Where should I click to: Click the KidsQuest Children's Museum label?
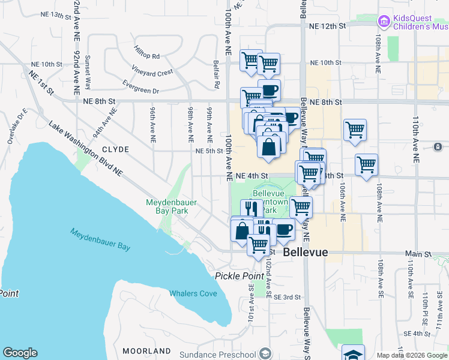pos(420,23)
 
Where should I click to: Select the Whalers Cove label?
pos(193,293)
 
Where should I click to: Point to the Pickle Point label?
pos(240,275)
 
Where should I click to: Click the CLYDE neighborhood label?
pos(115,149)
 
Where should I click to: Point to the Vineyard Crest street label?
pos(152,73)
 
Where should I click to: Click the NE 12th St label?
pos(328,26)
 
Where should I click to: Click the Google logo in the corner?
pos(20,353)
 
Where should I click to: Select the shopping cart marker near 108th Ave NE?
pos(366,163)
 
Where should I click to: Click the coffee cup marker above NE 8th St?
pos(270,90)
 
